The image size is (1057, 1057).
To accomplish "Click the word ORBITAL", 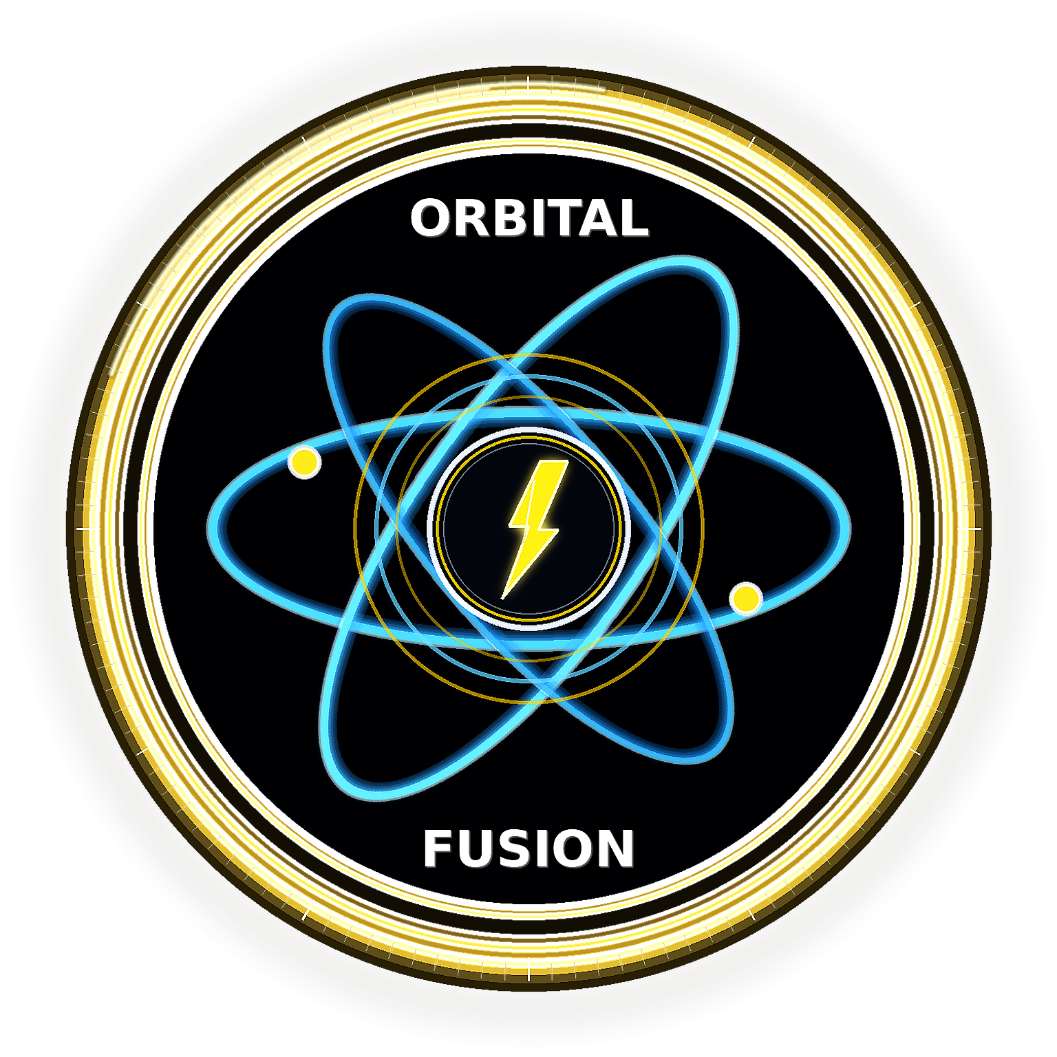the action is click(x=529, y=218).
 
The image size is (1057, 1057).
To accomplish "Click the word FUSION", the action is click(x=528, y=848).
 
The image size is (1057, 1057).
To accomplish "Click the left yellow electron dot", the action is click(x=304, y=462).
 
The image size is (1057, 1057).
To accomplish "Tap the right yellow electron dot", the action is click(x=746, y=599).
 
